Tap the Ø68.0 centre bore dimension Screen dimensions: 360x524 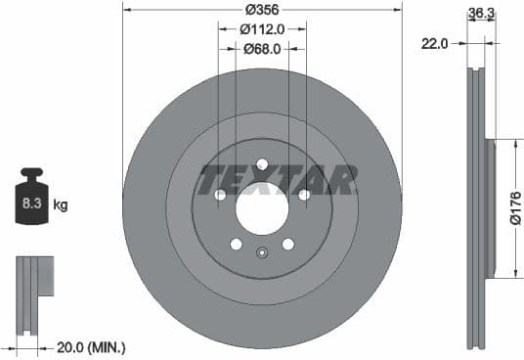point(262,46)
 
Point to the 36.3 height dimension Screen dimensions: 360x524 point(480,14)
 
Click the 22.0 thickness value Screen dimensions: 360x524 point(436,43)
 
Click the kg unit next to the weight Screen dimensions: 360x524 point(61,205)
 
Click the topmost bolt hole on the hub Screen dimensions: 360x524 point(262,164)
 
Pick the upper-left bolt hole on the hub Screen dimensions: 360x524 point(220,195)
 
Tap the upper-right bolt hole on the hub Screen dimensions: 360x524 point(304,195)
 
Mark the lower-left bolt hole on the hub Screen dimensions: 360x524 point(236,244)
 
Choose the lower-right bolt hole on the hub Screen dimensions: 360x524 point(288,244)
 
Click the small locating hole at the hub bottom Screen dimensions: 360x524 point(262,253)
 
